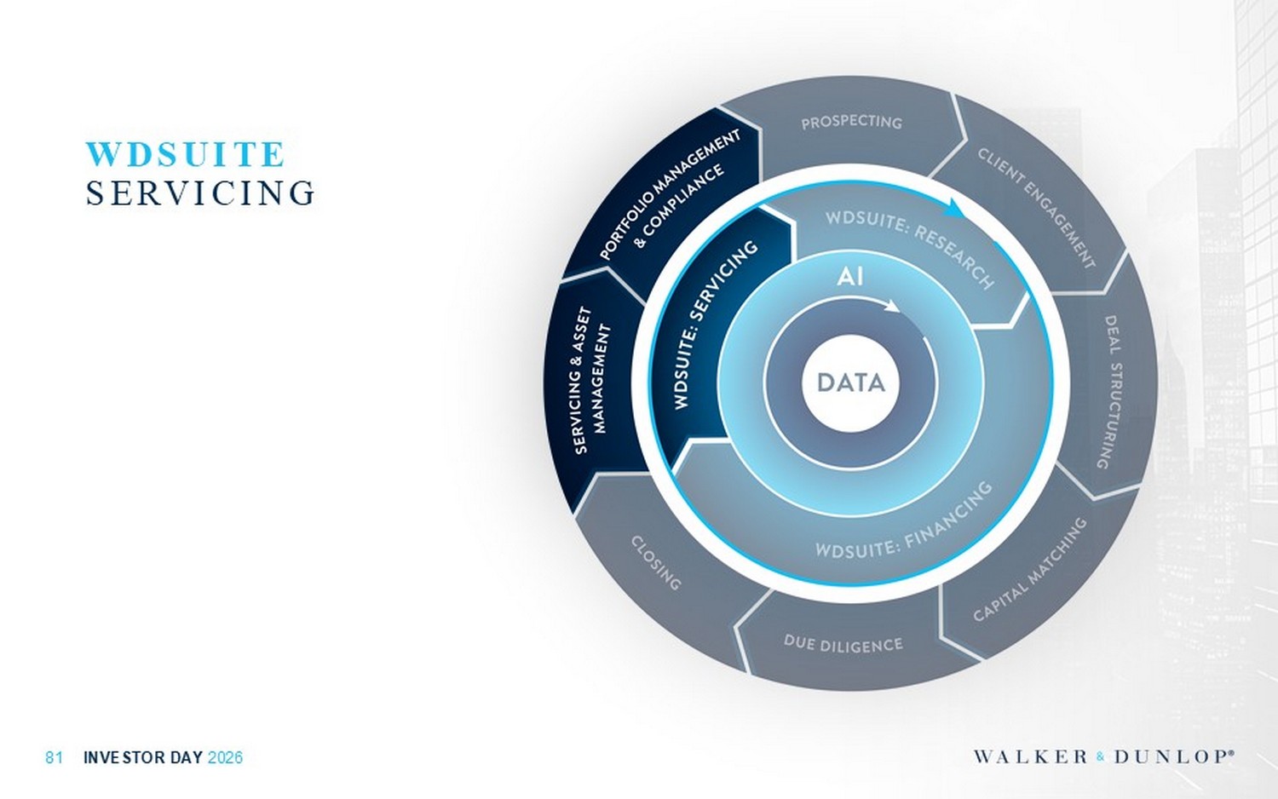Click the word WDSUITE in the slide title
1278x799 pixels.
185,154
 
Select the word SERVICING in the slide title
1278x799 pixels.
200,193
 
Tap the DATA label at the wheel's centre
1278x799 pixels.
850,382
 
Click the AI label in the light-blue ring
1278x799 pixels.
850,277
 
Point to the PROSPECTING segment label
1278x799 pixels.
851,123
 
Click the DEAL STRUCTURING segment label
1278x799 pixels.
1112,393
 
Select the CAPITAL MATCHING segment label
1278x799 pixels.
1030,569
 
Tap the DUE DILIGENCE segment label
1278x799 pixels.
843,643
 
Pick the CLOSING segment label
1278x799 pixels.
656,562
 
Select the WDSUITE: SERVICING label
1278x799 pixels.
716,324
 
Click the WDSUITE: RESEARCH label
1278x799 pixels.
911,249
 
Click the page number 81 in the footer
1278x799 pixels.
54,757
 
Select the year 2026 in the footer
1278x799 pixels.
226,757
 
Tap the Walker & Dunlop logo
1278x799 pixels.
1103,756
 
